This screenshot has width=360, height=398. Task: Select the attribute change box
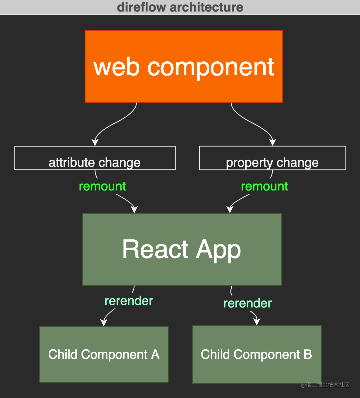tap(95, 158)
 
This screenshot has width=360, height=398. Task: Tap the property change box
tap(272, 158)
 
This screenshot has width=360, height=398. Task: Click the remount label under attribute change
tap(102, 186)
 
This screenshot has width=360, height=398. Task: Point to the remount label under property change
tap(264, 186)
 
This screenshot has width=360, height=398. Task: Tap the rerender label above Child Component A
tap(129, 301)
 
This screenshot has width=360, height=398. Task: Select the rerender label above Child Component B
tap(247, 303)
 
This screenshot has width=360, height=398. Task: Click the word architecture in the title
tap(206, 7)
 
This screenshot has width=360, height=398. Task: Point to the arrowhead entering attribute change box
tap(95, 142)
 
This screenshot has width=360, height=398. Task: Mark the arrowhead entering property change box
tap(273, 142)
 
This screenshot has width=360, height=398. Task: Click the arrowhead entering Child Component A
tap(104, 323)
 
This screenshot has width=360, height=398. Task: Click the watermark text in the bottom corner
tap(325, 385)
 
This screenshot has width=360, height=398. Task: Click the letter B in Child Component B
tap(308, 355)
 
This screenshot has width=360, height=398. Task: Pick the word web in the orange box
tap(116, 67)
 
